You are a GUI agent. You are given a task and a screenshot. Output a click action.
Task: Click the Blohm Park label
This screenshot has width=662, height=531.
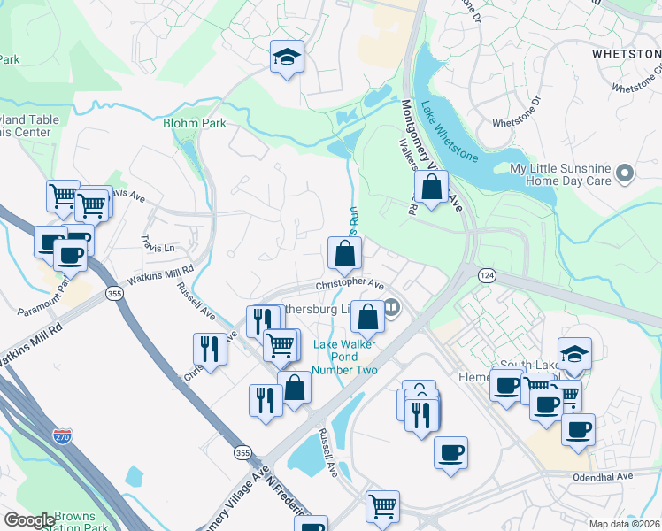(194, 124)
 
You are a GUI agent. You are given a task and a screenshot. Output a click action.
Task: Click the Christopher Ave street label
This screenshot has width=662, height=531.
(350, 285)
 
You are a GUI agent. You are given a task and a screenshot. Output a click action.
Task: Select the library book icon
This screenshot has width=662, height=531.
(390, 308)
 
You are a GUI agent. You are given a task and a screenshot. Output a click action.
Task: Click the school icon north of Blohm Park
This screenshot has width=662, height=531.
(287, 57)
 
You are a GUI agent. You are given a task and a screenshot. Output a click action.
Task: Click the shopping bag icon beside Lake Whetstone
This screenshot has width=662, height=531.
(430, 188)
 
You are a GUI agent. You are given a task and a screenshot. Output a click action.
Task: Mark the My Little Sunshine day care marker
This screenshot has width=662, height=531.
(625, 173)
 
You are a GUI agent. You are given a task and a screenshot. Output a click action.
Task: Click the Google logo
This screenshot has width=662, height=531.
(29, 520)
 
